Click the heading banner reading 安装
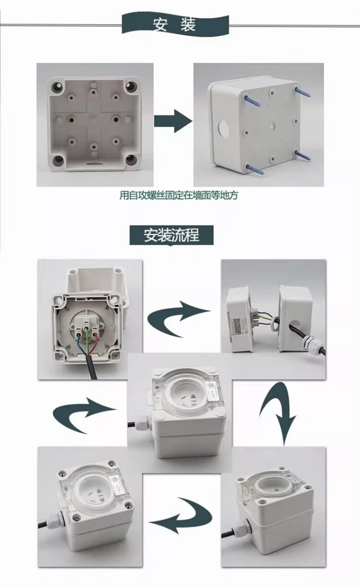[x=175, y=24]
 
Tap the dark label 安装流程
[x=171, y=235]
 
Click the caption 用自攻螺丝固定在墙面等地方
[x=179, y=196]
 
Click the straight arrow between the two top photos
[x=173, y=121]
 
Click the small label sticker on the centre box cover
[x=212, y=390]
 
